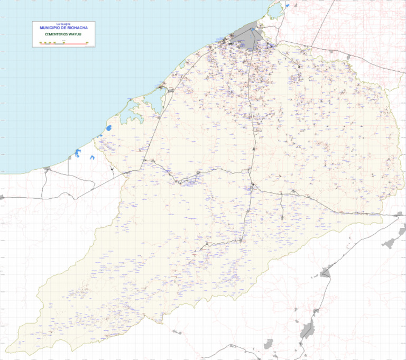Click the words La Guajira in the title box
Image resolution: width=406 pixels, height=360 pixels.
[x=63, y=24]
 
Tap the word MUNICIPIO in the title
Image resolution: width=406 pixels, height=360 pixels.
[x=50, y=27]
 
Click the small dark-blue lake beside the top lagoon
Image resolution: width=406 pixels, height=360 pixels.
[x=288, y=6]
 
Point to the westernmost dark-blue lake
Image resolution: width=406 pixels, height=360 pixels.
[x=78, y=153]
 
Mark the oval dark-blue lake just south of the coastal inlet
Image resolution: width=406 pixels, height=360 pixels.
[x=109, y=128]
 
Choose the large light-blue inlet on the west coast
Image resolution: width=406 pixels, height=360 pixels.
[x=135, y=111]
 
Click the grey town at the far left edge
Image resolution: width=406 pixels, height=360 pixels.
[x=2, y=197]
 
